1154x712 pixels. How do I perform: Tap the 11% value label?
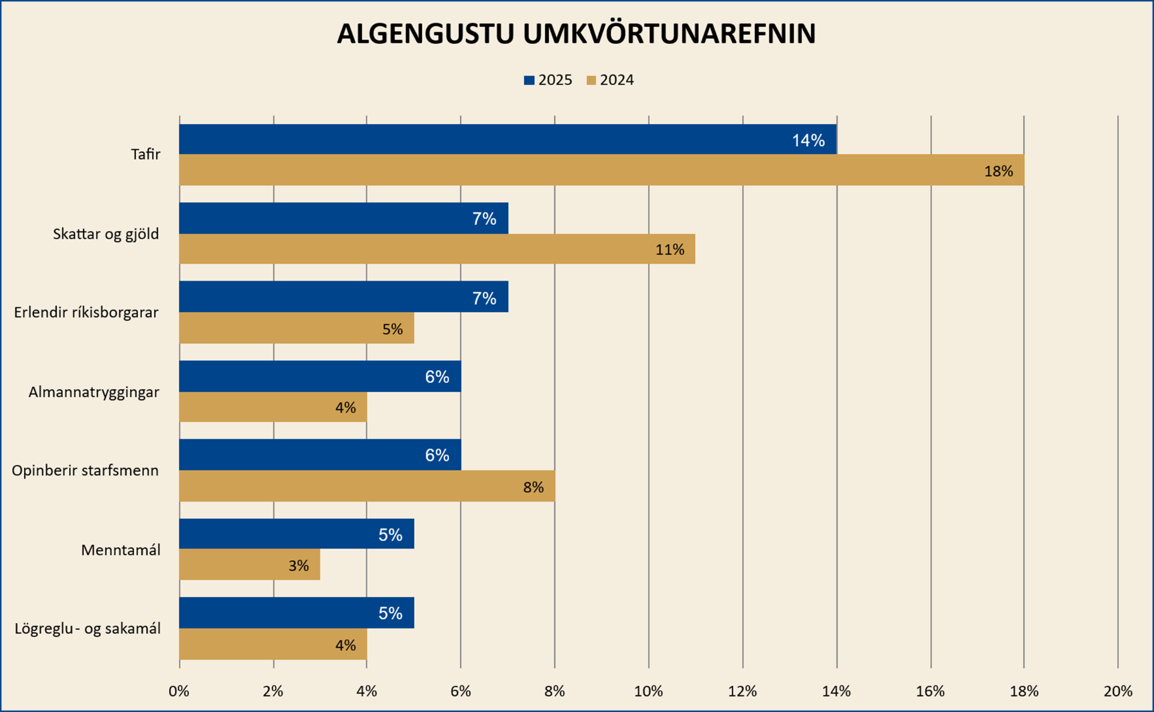[669, 250]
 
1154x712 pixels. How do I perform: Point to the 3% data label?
[298, 565]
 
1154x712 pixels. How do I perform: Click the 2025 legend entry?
[548, 80]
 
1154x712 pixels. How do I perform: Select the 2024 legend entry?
[610, 80]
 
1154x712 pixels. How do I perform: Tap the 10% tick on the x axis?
[649, 691]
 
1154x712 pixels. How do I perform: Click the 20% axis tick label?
[1118, 691]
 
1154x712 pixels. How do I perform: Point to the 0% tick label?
[179, 691]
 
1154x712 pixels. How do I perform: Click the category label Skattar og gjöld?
[106, 234]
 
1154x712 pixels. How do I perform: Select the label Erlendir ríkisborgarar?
[86, 313]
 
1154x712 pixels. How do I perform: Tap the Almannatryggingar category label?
[93, 392]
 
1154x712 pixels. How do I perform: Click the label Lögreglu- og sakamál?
[87, 628]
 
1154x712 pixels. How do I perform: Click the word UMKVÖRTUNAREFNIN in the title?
[669, 33]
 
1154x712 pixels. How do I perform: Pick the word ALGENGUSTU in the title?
[425, 33]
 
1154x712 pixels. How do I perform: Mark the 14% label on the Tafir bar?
[808, 140]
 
